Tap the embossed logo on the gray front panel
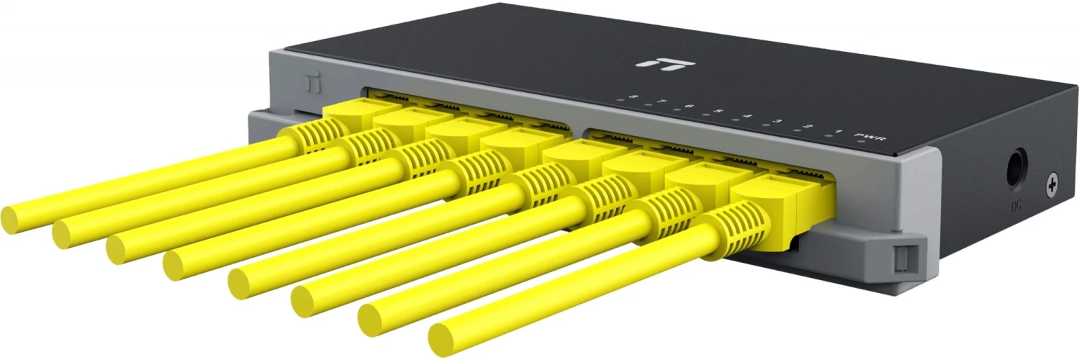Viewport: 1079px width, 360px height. [x=309, y=85]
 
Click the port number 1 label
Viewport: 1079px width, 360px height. [x=838, y=131]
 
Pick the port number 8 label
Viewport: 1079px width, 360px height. [x=633, y=97]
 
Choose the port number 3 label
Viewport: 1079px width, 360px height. [x=777, y=121]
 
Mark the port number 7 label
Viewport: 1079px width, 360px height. [x=661, y=102]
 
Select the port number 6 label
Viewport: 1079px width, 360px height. [x=689, y=107]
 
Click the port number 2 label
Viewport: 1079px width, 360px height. [x=808, y=126]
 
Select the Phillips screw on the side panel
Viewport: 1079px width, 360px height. [x=1052, y=186]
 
